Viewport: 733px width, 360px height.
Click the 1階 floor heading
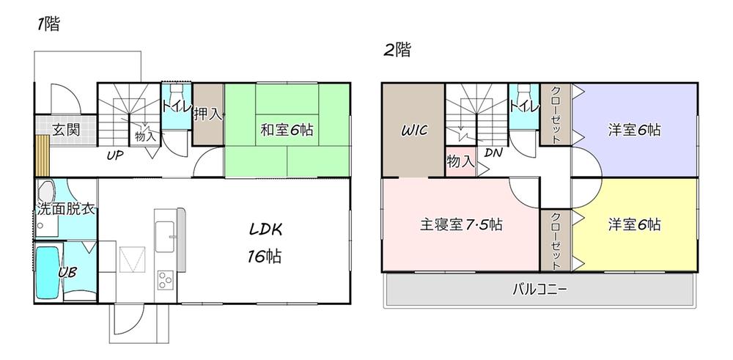pyautogui.click(x=48, y=23)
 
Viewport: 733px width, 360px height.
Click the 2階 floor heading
pyautogui.click(x=397, y=51)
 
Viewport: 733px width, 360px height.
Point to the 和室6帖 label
pyautogui.click(x=287, y=130)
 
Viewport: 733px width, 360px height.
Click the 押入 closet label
pyautogui.click(x=208, y=114)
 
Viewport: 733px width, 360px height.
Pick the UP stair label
pyautogui.click(x=114, y=155)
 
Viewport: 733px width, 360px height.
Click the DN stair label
pyautogui.click(x=493, y=153)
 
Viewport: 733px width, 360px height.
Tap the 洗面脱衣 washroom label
pyautogui.click(x=66, y=210)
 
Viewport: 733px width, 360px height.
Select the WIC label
pyautogui.click(x=413, y=131)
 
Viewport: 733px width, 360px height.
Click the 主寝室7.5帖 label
pyautogui.click(x=461, y=224)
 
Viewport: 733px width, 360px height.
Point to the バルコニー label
pyautogui.click(x=539, y=290)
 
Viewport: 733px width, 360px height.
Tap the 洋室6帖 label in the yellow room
pyautogui.click(x=634, y=224)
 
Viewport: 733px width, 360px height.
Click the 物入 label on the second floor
pyautogui.click(x=460, y=161)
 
